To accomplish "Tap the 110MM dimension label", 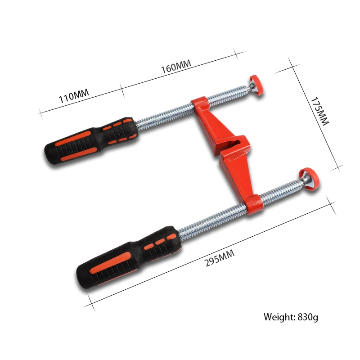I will click(74, 95).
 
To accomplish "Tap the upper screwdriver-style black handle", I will click(90, 140).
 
